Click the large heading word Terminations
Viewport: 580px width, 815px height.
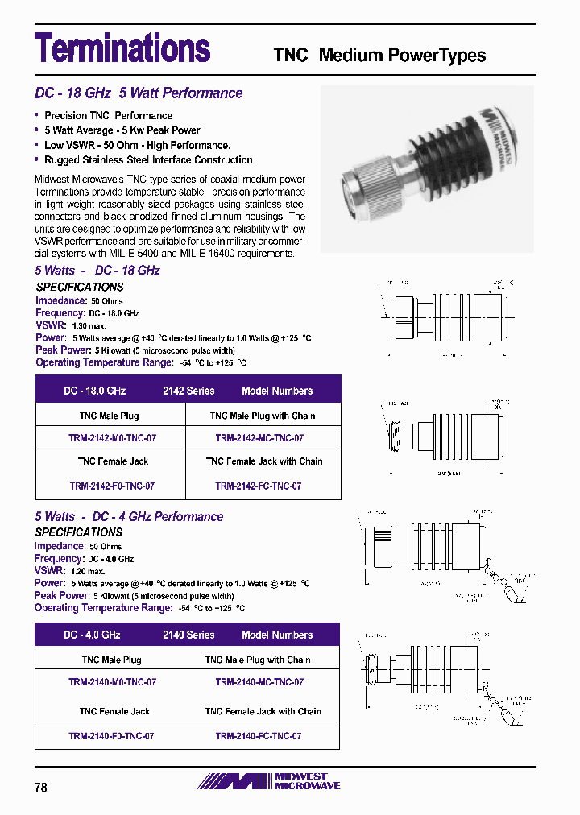pos(122,48)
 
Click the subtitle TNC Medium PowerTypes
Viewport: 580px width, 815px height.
pos(379,56)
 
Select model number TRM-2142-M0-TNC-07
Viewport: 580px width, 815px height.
pos(112,438)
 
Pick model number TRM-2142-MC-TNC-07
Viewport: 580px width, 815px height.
pos(259,438)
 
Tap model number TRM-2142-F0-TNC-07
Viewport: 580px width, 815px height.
pos(112,486)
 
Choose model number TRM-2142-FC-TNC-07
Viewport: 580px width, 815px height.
pos(259,486)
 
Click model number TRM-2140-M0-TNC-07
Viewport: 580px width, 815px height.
pos(112,682)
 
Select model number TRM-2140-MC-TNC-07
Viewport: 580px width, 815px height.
pos(259,682)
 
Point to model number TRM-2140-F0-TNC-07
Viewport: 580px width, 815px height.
pos(111,736)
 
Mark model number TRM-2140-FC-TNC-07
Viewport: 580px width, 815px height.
pos(259,736)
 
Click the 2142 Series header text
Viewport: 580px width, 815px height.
pos(188,391)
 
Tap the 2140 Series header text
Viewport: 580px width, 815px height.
pos(188,635)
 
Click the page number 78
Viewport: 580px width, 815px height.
pos(41,788)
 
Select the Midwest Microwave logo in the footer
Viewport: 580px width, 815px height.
pos(270,781)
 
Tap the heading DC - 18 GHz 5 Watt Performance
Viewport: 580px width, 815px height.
pos(139,93)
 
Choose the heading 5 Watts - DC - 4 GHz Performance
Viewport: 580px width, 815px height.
pos(129,516)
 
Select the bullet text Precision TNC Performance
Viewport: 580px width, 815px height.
pos(108,115)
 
